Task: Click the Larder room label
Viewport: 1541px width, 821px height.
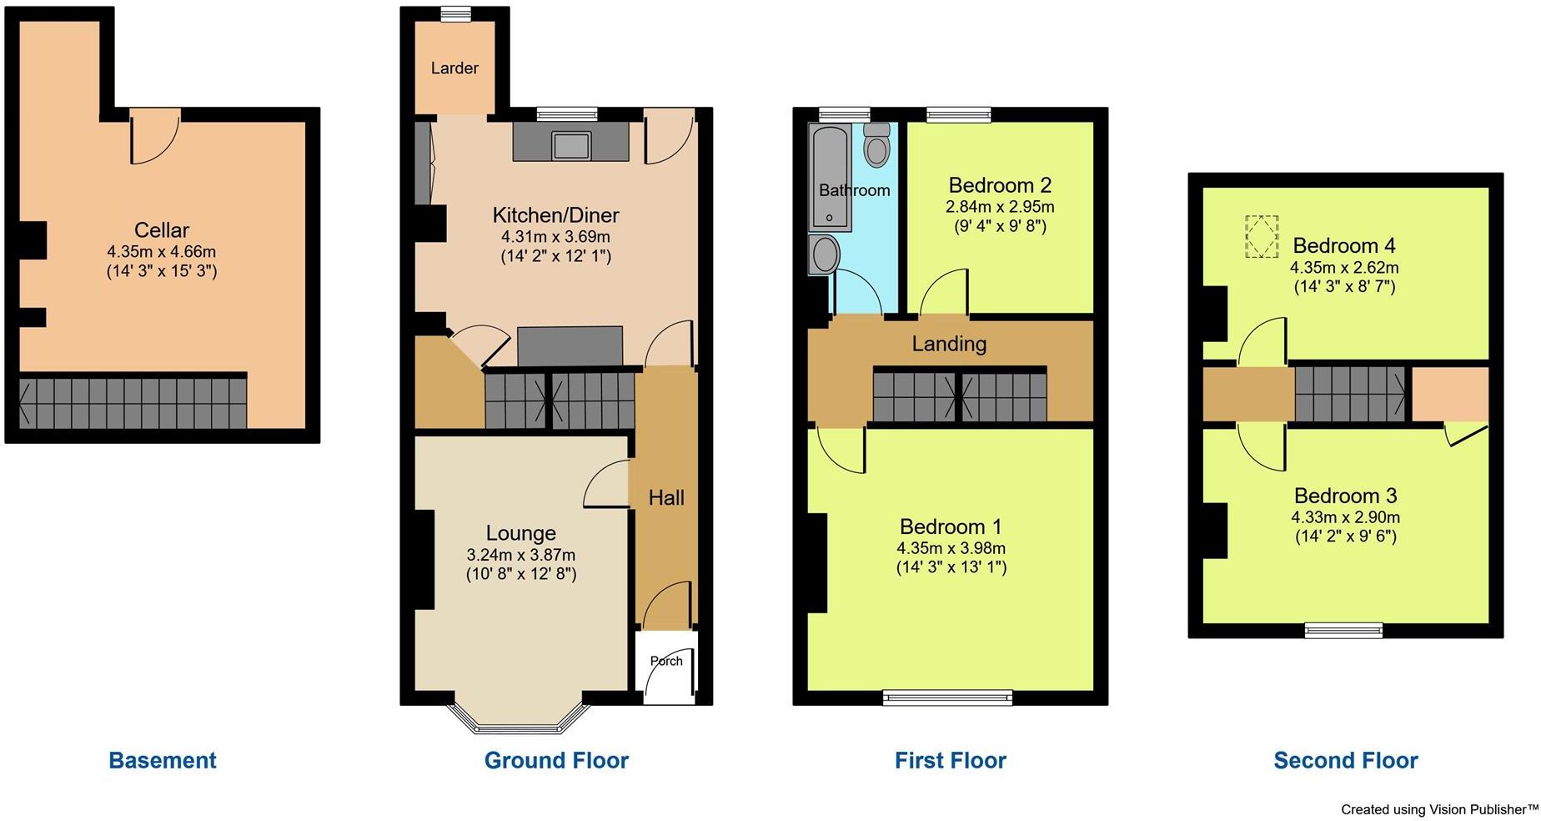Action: [x=454, y=68]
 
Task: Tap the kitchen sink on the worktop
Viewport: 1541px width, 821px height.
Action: [x=571, y=145]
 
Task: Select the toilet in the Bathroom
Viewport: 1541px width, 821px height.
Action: [x=876, y=147]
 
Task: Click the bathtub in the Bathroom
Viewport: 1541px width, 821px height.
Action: [x=830, y=177]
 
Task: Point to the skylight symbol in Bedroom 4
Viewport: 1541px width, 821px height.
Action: [x=1262, y=237]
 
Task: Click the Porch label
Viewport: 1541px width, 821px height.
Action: [x=666, y=661]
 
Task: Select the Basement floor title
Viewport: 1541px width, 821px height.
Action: [x=163, y=760]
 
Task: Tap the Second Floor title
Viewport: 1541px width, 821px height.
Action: [x=1345, y=760]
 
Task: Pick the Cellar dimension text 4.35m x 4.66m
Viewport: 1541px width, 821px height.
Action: [x=162, y=251]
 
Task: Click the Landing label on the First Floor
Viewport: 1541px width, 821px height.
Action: [x=949, y=344]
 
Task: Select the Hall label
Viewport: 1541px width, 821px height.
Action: [x=666, y=498]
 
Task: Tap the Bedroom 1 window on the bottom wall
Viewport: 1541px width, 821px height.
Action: [x=948, y=697]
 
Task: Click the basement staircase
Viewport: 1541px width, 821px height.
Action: [x=133, y=402]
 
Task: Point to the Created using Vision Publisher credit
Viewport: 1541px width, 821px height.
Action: [x=1438, y=809]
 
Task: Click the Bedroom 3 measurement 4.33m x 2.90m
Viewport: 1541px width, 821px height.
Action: [x=1345, y=517]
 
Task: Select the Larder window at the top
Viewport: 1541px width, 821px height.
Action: [x=455, y=13]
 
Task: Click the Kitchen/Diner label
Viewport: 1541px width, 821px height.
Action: [x=555, y=215]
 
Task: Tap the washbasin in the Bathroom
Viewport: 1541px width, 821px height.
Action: [x=825, y=254]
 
